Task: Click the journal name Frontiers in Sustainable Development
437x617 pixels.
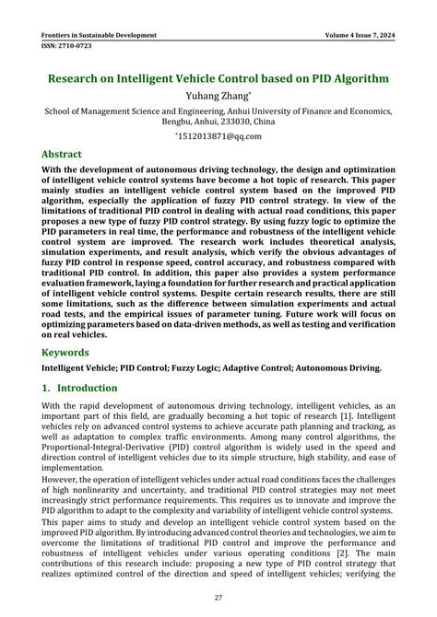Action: click(x=99, y=36)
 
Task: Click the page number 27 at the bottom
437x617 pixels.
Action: click(x=218, y=598)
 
